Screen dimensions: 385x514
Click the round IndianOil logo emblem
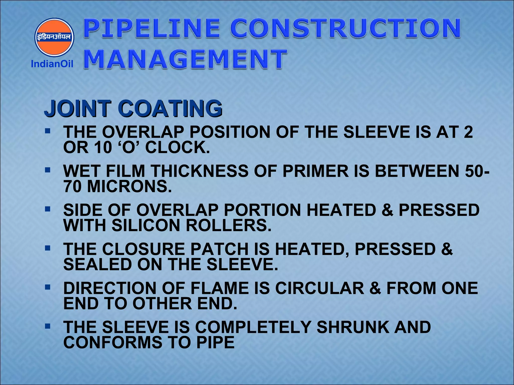pos(54,37)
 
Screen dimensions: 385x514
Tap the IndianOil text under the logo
pos(52,64)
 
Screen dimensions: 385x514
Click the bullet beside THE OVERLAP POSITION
pos(47,131)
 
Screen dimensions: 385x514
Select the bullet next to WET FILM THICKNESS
pos(47,170)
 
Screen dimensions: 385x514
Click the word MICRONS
pos(130,186)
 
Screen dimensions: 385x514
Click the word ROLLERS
pos(228,226)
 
